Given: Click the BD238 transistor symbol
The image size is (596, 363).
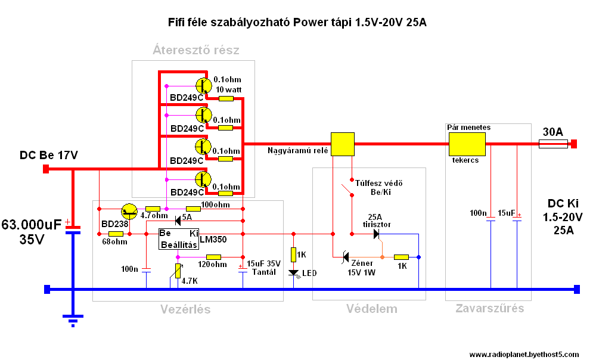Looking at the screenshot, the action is tap(129, 212).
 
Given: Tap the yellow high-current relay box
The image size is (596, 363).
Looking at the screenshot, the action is tap(343, 144).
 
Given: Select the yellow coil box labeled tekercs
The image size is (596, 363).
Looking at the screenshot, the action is tap(467, 144).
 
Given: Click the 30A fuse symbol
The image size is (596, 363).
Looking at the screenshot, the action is tap(553, 144).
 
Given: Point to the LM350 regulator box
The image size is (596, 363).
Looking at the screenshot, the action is tap(179, 239).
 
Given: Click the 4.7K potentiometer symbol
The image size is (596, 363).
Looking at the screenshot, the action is tap(178, 271).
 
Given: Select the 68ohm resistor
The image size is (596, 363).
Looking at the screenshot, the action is tap(116, 234).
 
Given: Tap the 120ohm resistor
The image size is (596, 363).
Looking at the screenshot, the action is tap(213, 257).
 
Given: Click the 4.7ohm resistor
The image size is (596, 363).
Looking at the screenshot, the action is tap(153, 209).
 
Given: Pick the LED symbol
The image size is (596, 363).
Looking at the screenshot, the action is tap(293, 273).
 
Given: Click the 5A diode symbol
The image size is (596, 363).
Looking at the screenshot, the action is tap(178, 221).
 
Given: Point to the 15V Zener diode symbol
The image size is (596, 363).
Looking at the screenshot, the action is tap(346, 257).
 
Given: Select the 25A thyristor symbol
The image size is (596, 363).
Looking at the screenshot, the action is tap(376, 234).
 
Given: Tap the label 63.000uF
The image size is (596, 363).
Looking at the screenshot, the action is tap(31, 225).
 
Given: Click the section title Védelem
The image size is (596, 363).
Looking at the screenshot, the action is tap(372, 309).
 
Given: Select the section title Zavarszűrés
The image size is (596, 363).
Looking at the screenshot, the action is tap(489, 308).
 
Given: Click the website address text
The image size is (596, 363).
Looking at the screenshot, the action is tap(524, 355).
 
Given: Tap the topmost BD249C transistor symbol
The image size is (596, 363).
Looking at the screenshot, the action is tap(203, 85).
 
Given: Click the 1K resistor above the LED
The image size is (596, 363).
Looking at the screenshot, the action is tap(293, 255).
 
